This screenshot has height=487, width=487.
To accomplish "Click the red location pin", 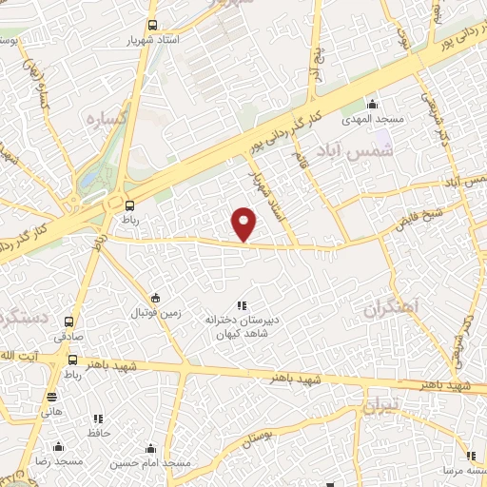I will pos(244,224).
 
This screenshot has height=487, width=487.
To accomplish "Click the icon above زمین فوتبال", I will pos(156,297).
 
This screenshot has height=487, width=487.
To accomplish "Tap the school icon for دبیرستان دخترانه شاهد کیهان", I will pos(242,305).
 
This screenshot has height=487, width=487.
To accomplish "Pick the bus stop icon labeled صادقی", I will pos(68,321).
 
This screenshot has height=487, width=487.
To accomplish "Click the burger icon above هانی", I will pos(51,398).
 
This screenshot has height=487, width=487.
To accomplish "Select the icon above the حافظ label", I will pos(98,418).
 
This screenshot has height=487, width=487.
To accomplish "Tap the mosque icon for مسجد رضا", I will pos(59,446).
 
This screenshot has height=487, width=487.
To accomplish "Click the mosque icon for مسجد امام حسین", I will pos(149,447).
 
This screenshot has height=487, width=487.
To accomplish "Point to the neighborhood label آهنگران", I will pos(391,307).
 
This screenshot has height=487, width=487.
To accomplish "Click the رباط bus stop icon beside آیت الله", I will pos(72,360).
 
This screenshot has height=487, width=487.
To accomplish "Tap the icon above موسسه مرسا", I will pos(470,455).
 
